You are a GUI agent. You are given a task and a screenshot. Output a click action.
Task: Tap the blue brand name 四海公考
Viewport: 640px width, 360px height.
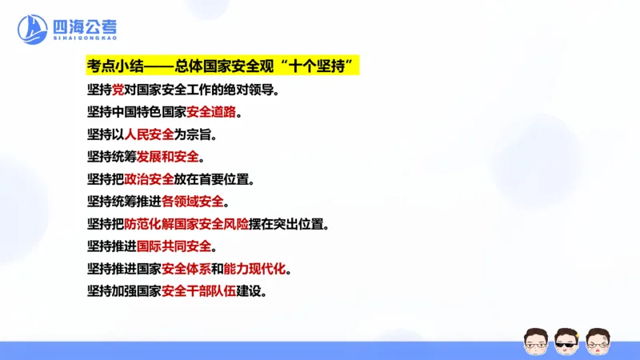tap(86, 25)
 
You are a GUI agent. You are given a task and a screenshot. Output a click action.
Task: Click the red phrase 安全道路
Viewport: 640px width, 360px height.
tap(212, 111)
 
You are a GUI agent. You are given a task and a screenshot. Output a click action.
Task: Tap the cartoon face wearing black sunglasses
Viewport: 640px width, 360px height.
tap(566, 342)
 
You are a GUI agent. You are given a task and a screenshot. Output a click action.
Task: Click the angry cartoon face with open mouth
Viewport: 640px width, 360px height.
tap(598, 342)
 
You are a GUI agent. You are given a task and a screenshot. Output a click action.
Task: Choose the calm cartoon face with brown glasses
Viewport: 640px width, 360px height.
tap(535, 342)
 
